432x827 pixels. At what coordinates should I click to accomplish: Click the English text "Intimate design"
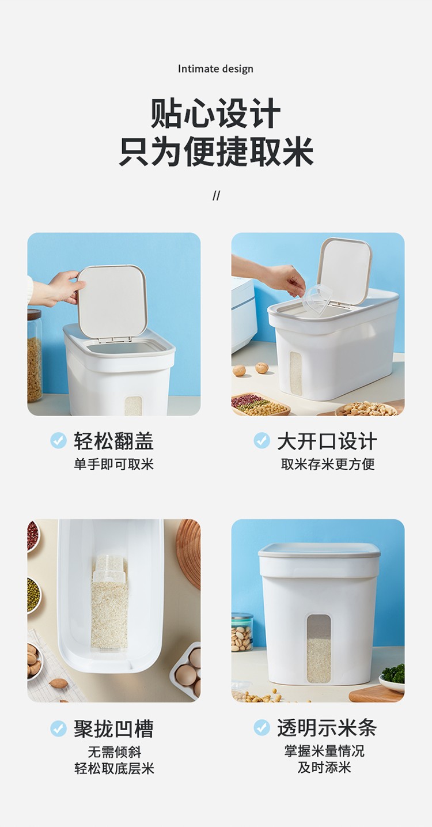[215, 69]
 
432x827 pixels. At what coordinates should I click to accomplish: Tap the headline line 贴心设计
[216, 114]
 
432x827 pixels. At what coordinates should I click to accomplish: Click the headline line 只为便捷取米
[216, 152]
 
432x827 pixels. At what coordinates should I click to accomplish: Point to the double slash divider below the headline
[216, 196]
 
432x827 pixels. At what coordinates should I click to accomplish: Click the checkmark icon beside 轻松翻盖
[58, 440]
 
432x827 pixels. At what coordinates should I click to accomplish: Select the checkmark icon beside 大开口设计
[262, 440]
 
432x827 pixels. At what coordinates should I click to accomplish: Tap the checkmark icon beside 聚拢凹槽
[58, 728]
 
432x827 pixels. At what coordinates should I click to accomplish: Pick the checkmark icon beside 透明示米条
[262, 727]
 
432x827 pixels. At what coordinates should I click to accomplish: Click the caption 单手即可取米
[113, 464]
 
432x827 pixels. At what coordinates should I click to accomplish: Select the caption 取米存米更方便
[328, 464]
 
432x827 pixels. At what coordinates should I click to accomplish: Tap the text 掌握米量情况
[324, 751]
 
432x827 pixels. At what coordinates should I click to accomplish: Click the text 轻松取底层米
[115, 768]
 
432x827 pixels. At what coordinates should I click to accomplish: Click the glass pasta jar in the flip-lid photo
[35, 356]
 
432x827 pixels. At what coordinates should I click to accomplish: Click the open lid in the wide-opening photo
[344, 270]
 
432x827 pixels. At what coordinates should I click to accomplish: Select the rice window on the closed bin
[319, 648]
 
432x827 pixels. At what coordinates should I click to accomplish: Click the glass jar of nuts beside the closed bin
[242, 632]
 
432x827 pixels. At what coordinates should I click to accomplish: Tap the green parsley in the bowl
[393, 673]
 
